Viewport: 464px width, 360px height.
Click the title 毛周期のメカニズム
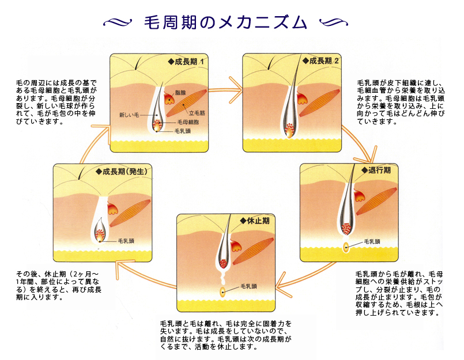tap(225, 22)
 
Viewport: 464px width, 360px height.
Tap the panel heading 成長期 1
tap(186, 62)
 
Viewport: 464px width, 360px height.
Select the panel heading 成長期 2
tap(320, 61)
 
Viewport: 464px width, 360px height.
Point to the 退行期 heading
tap(376, 170)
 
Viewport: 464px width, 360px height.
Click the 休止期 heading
tap(255, 221)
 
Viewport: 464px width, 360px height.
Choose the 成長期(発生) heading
tap(122, 172)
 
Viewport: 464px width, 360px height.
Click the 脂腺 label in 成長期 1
tap(180, 93)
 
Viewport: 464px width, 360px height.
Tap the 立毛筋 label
tap(197, 113)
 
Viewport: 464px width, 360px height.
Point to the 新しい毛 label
tap(129, 115)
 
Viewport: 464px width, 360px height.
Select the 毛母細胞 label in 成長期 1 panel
tap(188, 122)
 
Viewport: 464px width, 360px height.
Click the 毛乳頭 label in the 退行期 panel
tap(372, 241)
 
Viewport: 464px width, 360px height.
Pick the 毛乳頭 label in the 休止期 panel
tap(248, 286)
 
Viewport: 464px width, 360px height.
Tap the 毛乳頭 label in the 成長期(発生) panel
tap(126, 241)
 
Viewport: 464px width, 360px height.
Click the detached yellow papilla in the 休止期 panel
tap(222, 292)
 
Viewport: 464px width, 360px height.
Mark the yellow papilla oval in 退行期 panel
tap(346, 247)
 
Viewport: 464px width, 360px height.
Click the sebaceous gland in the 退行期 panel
tap(359, 195)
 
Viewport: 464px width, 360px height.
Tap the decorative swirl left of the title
tap(118, 21)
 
